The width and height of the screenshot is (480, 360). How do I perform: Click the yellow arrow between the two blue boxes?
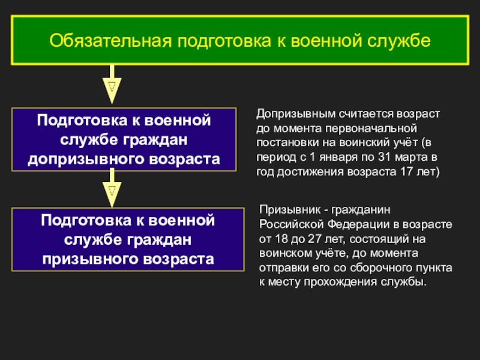112,190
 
